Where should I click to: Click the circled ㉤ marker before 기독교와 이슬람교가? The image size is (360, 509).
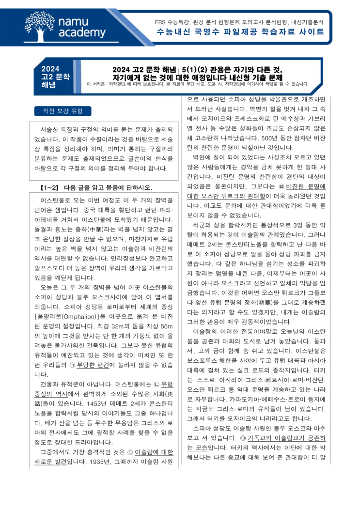tap(242, 437)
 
